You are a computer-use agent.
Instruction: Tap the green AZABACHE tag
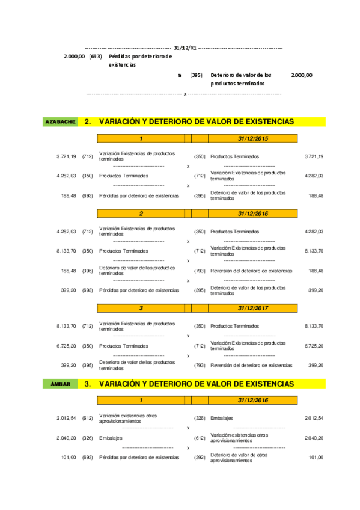(60, 121)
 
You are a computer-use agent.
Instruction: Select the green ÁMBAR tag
(60, 384)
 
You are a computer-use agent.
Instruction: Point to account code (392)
(200, 458)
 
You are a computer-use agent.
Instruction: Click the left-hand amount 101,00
(69, 458)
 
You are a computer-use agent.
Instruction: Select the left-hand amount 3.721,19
(66, 156)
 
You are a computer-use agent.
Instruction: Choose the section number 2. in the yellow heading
(88, 121)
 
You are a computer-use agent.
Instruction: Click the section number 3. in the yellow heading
(88, 384)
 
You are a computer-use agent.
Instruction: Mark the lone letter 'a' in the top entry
(180, 75)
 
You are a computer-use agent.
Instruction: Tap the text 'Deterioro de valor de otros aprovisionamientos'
(239, 458)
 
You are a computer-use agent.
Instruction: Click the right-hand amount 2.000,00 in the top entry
(301, 75)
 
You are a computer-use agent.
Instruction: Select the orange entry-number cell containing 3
(141, 308)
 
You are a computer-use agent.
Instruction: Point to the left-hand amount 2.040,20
(66, 438)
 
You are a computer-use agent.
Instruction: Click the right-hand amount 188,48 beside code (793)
(316, 271)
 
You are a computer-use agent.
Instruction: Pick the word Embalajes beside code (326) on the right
(222, 418)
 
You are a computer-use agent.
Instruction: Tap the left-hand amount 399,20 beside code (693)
(69, 290)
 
